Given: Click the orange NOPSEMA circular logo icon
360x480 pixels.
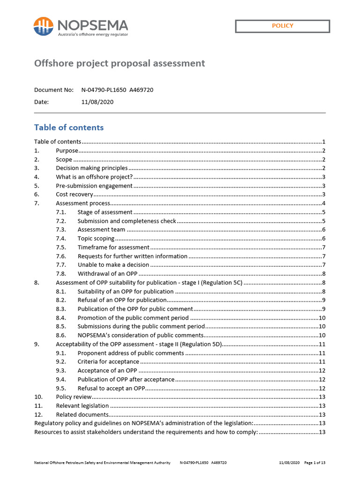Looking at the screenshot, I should click(43, 26).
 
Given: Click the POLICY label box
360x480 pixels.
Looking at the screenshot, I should click(282, 26).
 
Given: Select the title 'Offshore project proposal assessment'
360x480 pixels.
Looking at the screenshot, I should click(120, 63).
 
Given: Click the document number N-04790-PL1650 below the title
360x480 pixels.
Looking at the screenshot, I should click(102, 90).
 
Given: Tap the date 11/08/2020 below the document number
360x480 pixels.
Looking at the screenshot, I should click(97, 102).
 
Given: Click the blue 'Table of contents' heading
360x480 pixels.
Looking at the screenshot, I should click(69, 127).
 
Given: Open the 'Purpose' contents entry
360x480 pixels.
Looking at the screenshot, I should click(67, 150).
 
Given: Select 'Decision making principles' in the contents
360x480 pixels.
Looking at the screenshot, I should click(91, 168).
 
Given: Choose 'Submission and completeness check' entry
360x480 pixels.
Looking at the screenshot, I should click(127, 221).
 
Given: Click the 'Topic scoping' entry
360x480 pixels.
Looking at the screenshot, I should click(96, 239).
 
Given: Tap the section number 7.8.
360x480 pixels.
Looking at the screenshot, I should click(60, 274).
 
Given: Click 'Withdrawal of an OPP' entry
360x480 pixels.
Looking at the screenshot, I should click(107, 274).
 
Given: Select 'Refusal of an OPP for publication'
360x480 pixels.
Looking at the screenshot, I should click(122, 300).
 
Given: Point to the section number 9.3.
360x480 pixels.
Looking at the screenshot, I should click(60, 370).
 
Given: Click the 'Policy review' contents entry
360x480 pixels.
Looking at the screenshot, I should click(74, 397).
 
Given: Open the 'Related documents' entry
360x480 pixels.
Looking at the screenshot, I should click(82, 414).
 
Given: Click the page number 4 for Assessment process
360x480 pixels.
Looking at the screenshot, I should click(323, 203).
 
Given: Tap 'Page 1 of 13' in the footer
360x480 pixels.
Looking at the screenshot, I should click(315, 463).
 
